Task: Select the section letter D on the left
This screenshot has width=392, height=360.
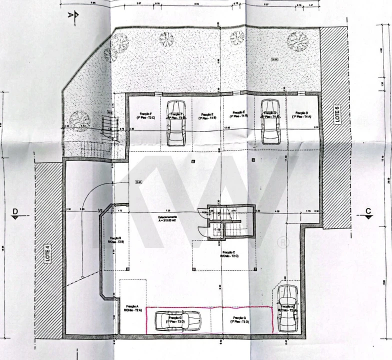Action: tap(15, 212)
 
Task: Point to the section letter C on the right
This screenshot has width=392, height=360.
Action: tap(368, 211)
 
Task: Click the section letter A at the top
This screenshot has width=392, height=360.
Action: tap(70, 15)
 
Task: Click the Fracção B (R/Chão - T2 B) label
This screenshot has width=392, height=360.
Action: tap(115, 240)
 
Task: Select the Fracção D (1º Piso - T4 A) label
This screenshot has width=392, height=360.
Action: tap(301, 114)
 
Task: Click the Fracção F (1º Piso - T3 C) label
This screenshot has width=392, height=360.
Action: tap(146, 115)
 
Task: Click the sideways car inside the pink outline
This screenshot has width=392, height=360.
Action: tap(177, 320)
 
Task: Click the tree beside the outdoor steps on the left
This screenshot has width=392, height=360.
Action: tap(79, 120)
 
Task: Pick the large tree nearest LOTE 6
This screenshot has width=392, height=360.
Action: tap(297, 40)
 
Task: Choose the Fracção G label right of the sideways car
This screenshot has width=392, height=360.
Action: tap(239, 319)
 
